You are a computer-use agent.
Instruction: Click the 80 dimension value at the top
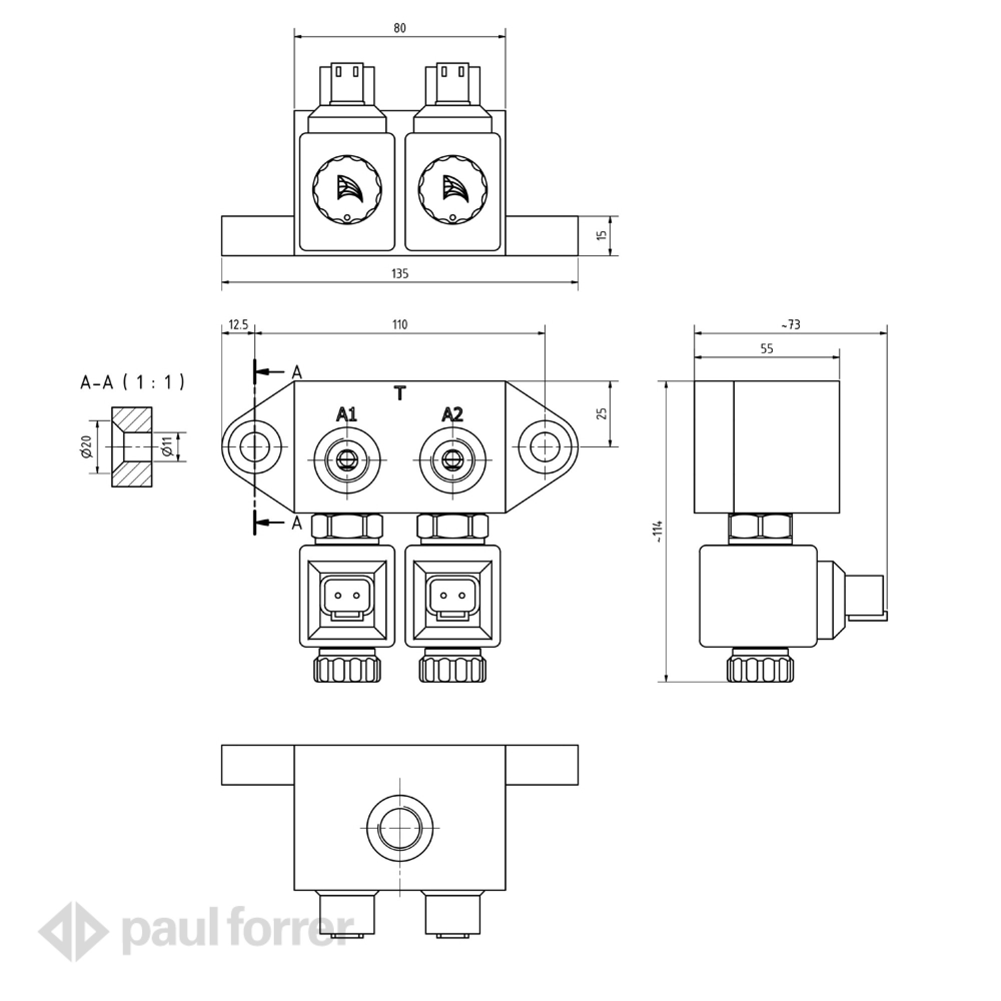click(399, 29)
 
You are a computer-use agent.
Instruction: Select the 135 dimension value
click(399, 274)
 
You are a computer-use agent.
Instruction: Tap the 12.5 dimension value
click(238, 325)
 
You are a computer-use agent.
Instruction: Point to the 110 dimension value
click(399, 325)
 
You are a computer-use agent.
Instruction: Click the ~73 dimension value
click(791, 325)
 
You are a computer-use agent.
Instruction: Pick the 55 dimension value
click(767, 349)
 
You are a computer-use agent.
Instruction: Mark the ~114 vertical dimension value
click(658, 532)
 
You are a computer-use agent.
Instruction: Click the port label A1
click(347, 414)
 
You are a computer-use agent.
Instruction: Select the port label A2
click(452, 414)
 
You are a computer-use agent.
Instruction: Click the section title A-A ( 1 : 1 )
click(133, 382)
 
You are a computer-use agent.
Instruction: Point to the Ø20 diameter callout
click(87, 446)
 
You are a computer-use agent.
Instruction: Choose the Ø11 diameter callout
click(167, 446)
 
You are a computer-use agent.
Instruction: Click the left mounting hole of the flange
click(254, 446)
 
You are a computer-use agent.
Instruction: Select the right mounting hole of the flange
click(545, 446)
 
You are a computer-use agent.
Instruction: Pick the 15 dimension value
click(601, 235)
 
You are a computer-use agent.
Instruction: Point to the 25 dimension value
click(602, 413)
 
